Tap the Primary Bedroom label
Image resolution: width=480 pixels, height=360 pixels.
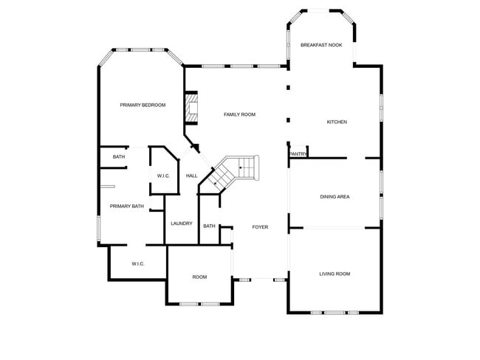[143, 105]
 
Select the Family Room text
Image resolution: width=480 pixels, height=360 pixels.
[239, 114]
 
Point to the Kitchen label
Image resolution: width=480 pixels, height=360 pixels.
[337, 122]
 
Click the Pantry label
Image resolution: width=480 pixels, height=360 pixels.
[298, 154]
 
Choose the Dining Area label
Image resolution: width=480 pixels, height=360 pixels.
[335, 197]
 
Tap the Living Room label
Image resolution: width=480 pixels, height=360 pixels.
[335, 274]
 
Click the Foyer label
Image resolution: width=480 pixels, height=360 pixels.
[260, 227]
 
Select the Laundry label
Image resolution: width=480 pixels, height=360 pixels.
[182, 224]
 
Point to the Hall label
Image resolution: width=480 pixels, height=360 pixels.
[191, 176]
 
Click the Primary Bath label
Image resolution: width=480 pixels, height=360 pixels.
[127, 207]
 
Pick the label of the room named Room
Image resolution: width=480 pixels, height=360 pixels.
[199, 277]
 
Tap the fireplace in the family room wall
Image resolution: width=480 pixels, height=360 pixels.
[192, 108]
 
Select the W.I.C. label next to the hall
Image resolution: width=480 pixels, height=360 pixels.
[163, 176]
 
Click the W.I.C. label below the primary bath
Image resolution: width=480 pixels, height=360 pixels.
[137, 263]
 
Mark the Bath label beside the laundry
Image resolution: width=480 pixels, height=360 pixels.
[210, 226]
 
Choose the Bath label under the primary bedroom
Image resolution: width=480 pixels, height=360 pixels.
[119, 157]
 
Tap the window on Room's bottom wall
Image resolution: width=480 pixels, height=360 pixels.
[199, 304]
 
